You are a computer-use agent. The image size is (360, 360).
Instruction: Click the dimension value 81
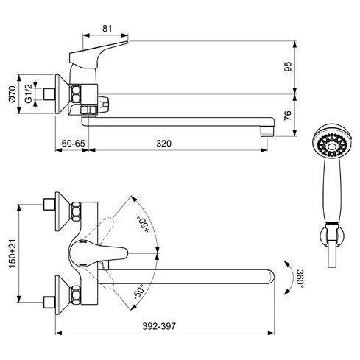(107, 29)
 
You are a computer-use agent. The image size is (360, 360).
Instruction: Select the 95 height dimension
(288, 66)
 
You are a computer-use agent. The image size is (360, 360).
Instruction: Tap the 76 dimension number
(288, 116)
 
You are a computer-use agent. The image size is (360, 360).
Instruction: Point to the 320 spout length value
(163, 144)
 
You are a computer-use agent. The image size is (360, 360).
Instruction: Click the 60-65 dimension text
(73, 144)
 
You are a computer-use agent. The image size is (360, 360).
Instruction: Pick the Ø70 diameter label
(12, 94)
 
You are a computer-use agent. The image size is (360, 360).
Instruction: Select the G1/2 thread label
(28, 93)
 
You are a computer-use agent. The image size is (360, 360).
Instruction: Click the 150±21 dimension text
(13, 253)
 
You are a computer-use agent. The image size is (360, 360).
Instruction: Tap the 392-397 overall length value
(159, 326)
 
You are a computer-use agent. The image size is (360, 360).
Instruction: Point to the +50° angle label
(143, 225)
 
